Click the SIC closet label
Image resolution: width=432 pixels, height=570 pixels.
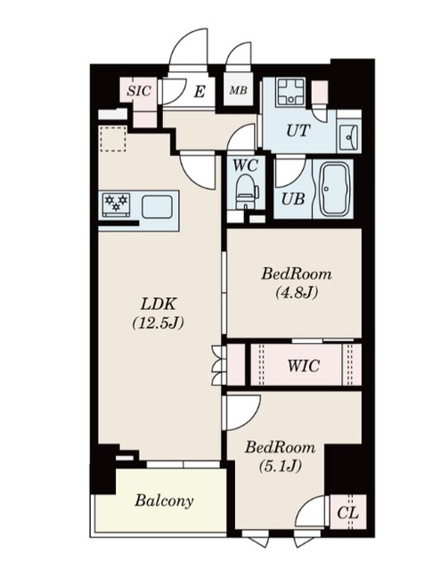(x=139, y=91)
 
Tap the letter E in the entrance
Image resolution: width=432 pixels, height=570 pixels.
(x=200, y=92)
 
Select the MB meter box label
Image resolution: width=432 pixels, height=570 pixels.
(x=238, y=90)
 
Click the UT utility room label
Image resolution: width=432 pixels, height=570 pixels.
(x=298, y=131)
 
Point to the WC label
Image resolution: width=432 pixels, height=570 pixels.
(x=246, y=166)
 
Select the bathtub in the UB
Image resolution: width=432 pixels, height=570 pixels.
(x=335, y=189)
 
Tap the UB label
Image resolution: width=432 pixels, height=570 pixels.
(x=293, y=199)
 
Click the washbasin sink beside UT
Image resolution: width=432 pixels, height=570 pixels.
(x=349, y=137)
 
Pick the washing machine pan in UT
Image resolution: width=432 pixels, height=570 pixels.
(x=290, y=93)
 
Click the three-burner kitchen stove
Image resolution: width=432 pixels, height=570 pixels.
(x=117, y=204)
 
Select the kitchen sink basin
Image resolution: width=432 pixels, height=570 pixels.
(x=157, y=207)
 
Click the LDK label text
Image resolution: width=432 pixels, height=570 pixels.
(x=159, y=304)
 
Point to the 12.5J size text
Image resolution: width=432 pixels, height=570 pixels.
(x=158, y=322)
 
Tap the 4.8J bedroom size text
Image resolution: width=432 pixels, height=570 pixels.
(x=297, y=292)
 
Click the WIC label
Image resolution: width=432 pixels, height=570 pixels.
(x=304, y=365)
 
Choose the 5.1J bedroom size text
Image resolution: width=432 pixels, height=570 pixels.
(x=280, y=466)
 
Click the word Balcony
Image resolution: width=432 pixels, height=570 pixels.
(x=164, y=501)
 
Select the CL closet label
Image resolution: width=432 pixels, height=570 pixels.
(x=347, y=513)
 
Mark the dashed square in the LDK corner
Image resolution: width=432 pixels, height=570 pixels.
(x=113, y=139)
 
